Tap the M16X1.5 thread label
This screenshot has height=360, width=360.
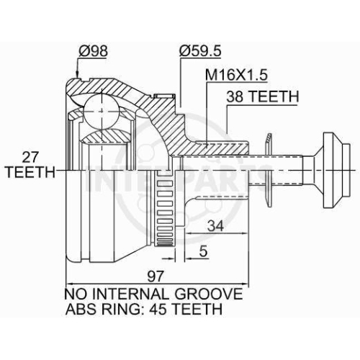[x=236, y=75]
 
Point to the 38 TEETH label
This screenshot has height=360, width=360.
[x=263, y=96]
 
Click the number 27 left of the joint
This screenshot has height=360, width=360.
[x=30, y=158]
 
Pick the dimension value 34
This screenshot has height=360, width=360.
[x=215, y=226]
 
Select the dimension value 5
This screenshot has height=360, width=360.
[x=203, y=251]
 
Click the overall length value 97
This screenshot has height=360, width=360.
[x=155, y=276]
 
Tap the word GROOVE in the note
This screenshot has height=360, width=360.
[x=209, y=294]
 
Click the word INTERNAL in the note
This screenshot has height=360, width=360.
[x=130, y=294]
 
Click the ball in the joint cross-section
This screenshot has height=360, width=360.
[x=102, y=112]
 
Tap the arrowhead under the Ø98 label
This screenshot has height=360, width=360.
[x=77, y=74]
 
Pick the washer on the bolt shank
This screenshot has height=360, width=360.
[x=269, y=170]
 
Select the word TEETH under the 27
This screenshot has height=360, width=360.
[x=30, y=172]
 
